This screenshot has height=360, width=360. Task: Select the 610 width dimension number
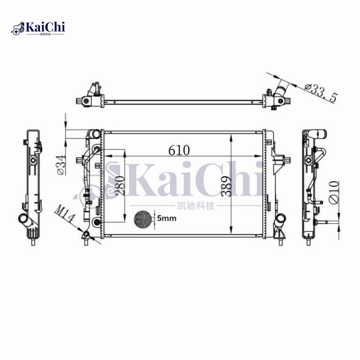tap(179, 150)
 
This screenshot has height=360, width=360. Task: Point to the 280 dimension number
tap(119, 184)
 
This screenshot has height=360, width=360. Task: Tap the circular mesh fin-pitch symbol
tap(144, 219)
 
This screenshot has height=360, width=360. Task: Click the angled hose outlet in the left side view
tap(24, 221)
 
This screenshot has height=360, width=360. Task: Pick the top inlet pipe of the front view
tap(94, 135)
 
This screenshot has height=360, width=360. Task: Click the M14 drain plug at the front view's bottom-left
tap(85, 236)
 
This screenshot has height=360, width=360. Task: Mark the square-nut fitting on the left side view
tap(32, 161)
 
